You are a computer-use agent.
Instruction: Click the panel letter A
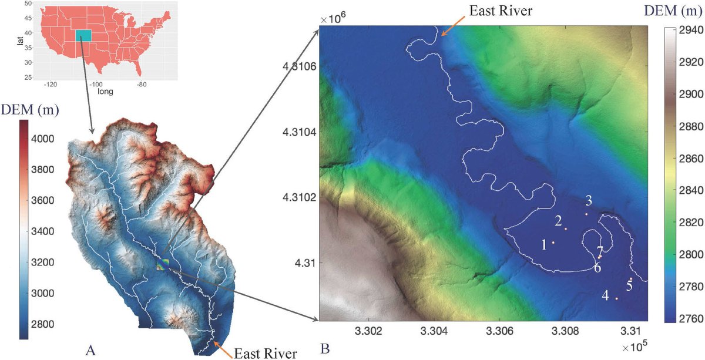click(x=90, y=351)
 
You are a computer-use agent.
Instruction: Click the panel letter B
click(x=325, y=351)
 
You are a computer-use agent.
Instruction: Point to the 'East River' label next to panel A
click(x=266, y=353)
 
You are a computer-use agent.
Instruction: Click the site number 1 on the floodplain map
click(x=544, y=243)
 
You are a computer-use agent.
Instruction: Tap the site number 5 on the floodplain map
click(x=629, y=287)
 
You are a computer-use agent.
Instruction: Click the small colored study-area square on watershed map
click(x=163, y=265)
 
